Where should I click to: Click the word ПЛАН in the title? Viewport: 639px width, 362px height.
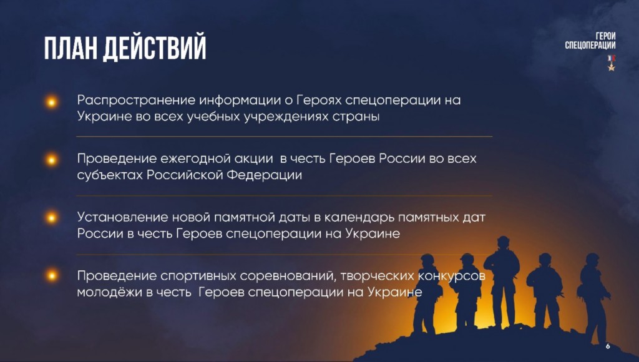click(71, 49)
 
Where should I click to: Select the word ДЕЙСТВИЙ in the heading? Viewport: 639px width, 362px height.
click(155, 49)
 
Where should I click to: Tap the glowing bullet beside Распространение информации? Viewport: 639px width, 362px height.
click(52, 102)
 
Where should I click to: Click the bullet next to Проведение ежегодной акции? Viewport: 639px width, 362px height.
click(52, 160)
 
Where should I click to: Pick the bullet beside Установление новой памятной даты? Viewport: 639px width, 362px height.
click(52, 218)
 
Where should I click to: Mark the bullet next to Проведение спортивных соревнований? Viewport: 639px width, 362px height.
click(52, 276)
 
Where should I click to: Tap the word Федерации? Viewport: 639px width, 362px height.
click(264, 175)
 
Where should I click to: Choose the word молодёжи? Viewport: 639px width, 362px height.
click(110, 292)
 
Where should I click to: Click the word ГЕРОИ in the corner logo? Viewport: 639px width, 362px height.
click(605, 36)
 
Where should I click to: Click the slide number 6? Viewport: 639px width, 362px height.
click(608, 346)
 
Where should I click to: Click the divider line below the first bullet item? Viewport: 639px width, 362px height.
click(285, 136)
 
